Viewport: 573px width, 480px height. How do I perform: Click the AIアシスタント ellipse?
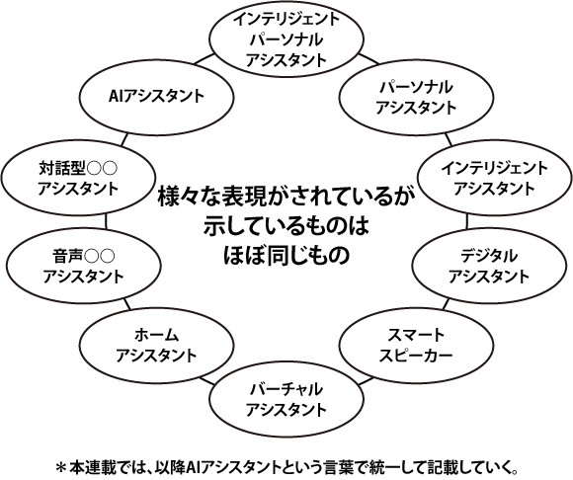156,60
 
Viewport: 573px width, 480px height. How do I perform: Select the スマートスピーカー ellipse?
417,309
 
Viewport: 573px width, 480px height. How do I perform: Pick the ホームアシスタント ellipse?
156,309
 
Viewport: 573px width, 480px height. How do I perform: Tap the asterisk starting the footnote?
60,467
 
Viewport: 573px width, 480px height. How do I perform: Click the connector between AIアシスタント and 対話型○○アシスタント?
124,139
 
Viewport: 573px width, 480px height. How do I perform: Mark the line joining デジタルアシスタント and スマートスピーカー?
446,304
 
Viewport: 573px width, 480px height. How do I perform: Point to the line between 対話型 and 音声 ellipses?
107,221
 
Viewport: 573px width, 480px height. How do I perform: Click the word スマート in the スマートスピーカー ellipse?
416,335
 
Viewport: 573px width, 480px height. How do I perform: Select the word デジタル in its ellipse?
489,256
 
